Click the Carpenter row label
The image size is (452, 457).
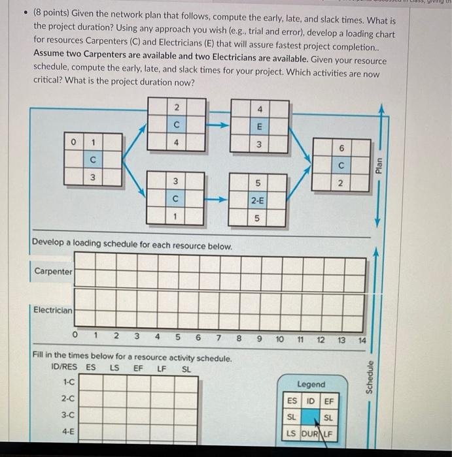coord(53,271)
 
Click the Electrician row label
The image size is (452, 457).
coord(53,310)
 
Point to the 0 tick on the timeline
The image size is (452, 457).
coord(76,337)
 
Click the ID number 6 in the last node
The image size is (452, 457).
coord(341,148)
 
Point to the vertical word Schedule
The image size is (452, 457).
coord(370,377)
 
